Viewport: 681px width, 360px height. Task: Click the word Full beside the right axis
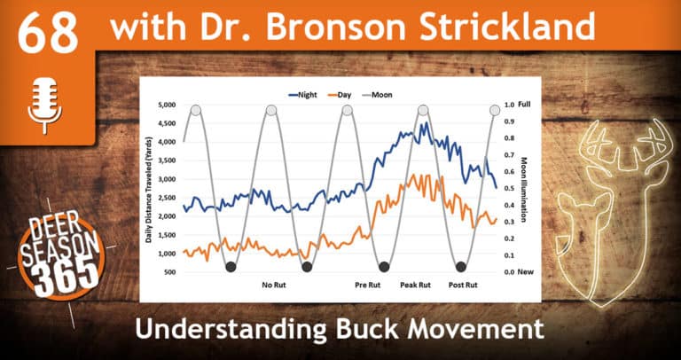click(x=524, y=105)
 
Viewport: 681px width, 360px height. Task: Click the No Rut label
click(x=275, y=285)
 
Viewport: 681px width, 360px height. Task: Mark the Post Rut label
click(x=463, y=285)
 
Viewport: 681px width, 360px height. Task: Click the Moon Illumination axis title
click(x=525, y=188)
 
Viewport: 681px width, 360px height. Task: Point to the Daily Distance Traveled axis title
click(x=149, y=188)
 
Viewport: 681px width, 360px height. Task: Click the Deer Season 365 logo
click(x=61, y=255)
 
